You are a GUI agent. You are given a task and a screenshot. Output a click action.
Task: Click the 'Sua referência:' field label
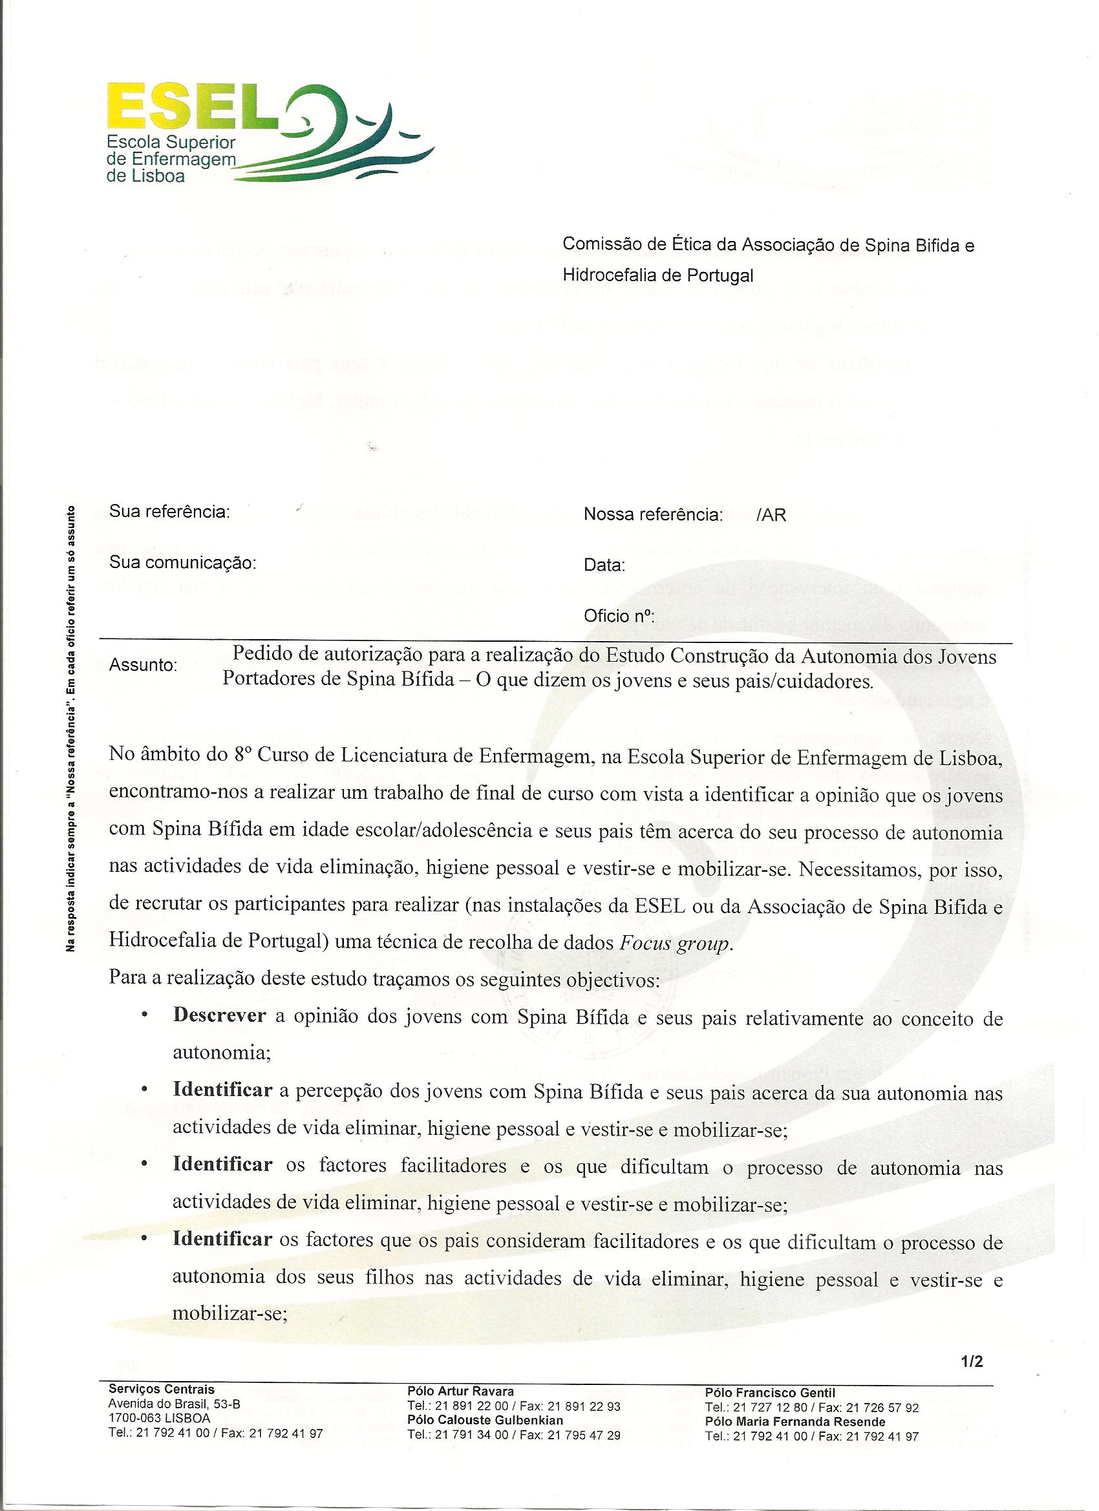(169, 512)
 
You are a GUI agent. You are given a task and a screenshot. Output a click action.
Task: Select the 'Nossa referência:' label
(653, 515)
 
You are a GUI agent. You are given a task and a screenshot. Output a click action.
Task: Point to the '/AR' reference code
(771, 515)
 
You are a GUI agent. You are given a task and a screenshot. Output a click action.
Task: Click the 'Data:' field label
(604, 565)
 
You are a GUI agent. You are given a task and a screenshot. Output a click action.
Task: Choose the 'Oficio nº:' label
(619, 616)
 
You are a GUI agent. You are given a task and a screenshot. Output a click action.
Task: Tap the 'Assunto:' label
(144, 665)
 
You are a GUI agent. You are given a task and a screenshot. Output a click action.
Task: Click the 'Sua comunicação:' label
(182, 563)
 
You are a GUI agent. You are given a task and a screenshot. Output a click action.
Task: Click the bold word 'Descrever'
(220, 1017)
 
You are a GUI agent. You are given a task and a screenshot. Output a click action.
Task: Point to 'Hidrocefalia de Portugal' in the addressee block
(658, 275)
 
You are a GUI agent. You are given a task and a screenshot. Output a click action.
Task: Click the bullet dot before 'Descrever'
(144, 1017)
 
